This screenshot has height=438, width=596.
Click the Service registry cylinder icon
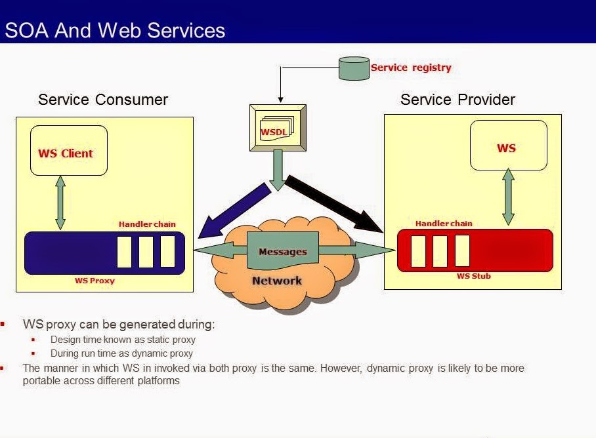[x=354, y=68]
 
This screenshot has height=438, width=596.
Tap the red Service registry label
[x=411, y=68]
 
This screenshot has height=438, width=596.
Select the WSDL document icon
[x=278, y=128]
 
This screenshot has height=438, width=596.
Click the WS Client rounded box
[x=69, y=151]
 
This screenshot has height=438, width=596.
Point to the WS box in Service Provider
[x=509, y=146]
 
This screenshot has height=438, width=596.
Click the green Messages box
[x=283, y=250]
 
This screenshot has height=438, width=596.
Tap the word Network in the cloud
[x=277, y=281]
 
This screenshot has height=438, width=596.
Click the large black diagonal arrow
[x=333, y=203]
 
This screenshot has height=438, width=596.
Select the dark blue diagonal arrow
[x=234, y=210]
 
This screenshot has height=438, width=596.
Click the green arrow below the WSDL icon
[x=278, y=170]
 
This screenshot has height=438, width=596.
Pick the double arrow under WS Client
[x=60, y=203]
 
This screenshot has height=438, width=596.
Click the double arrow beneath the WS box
[x=508, y=197]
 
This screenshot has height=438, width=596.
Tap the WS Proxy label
[x=95, y=281]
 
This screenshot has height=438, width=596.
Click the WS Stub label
[x=474, y=276]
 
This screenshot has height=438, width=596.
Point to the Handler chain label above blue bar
[x=147, y=224]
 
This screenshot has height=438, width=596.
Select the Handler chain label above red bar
[x=444, y=223]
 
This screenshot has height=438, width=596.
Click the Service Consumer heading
[x=103, y=100]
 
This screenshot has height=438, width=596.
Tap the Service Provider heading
[x=458, y=100]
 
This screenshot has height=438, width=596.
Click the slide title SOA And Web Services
[x=115, y=30]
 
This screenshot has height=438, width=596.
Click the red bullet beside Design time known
[x=33, y=340]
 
